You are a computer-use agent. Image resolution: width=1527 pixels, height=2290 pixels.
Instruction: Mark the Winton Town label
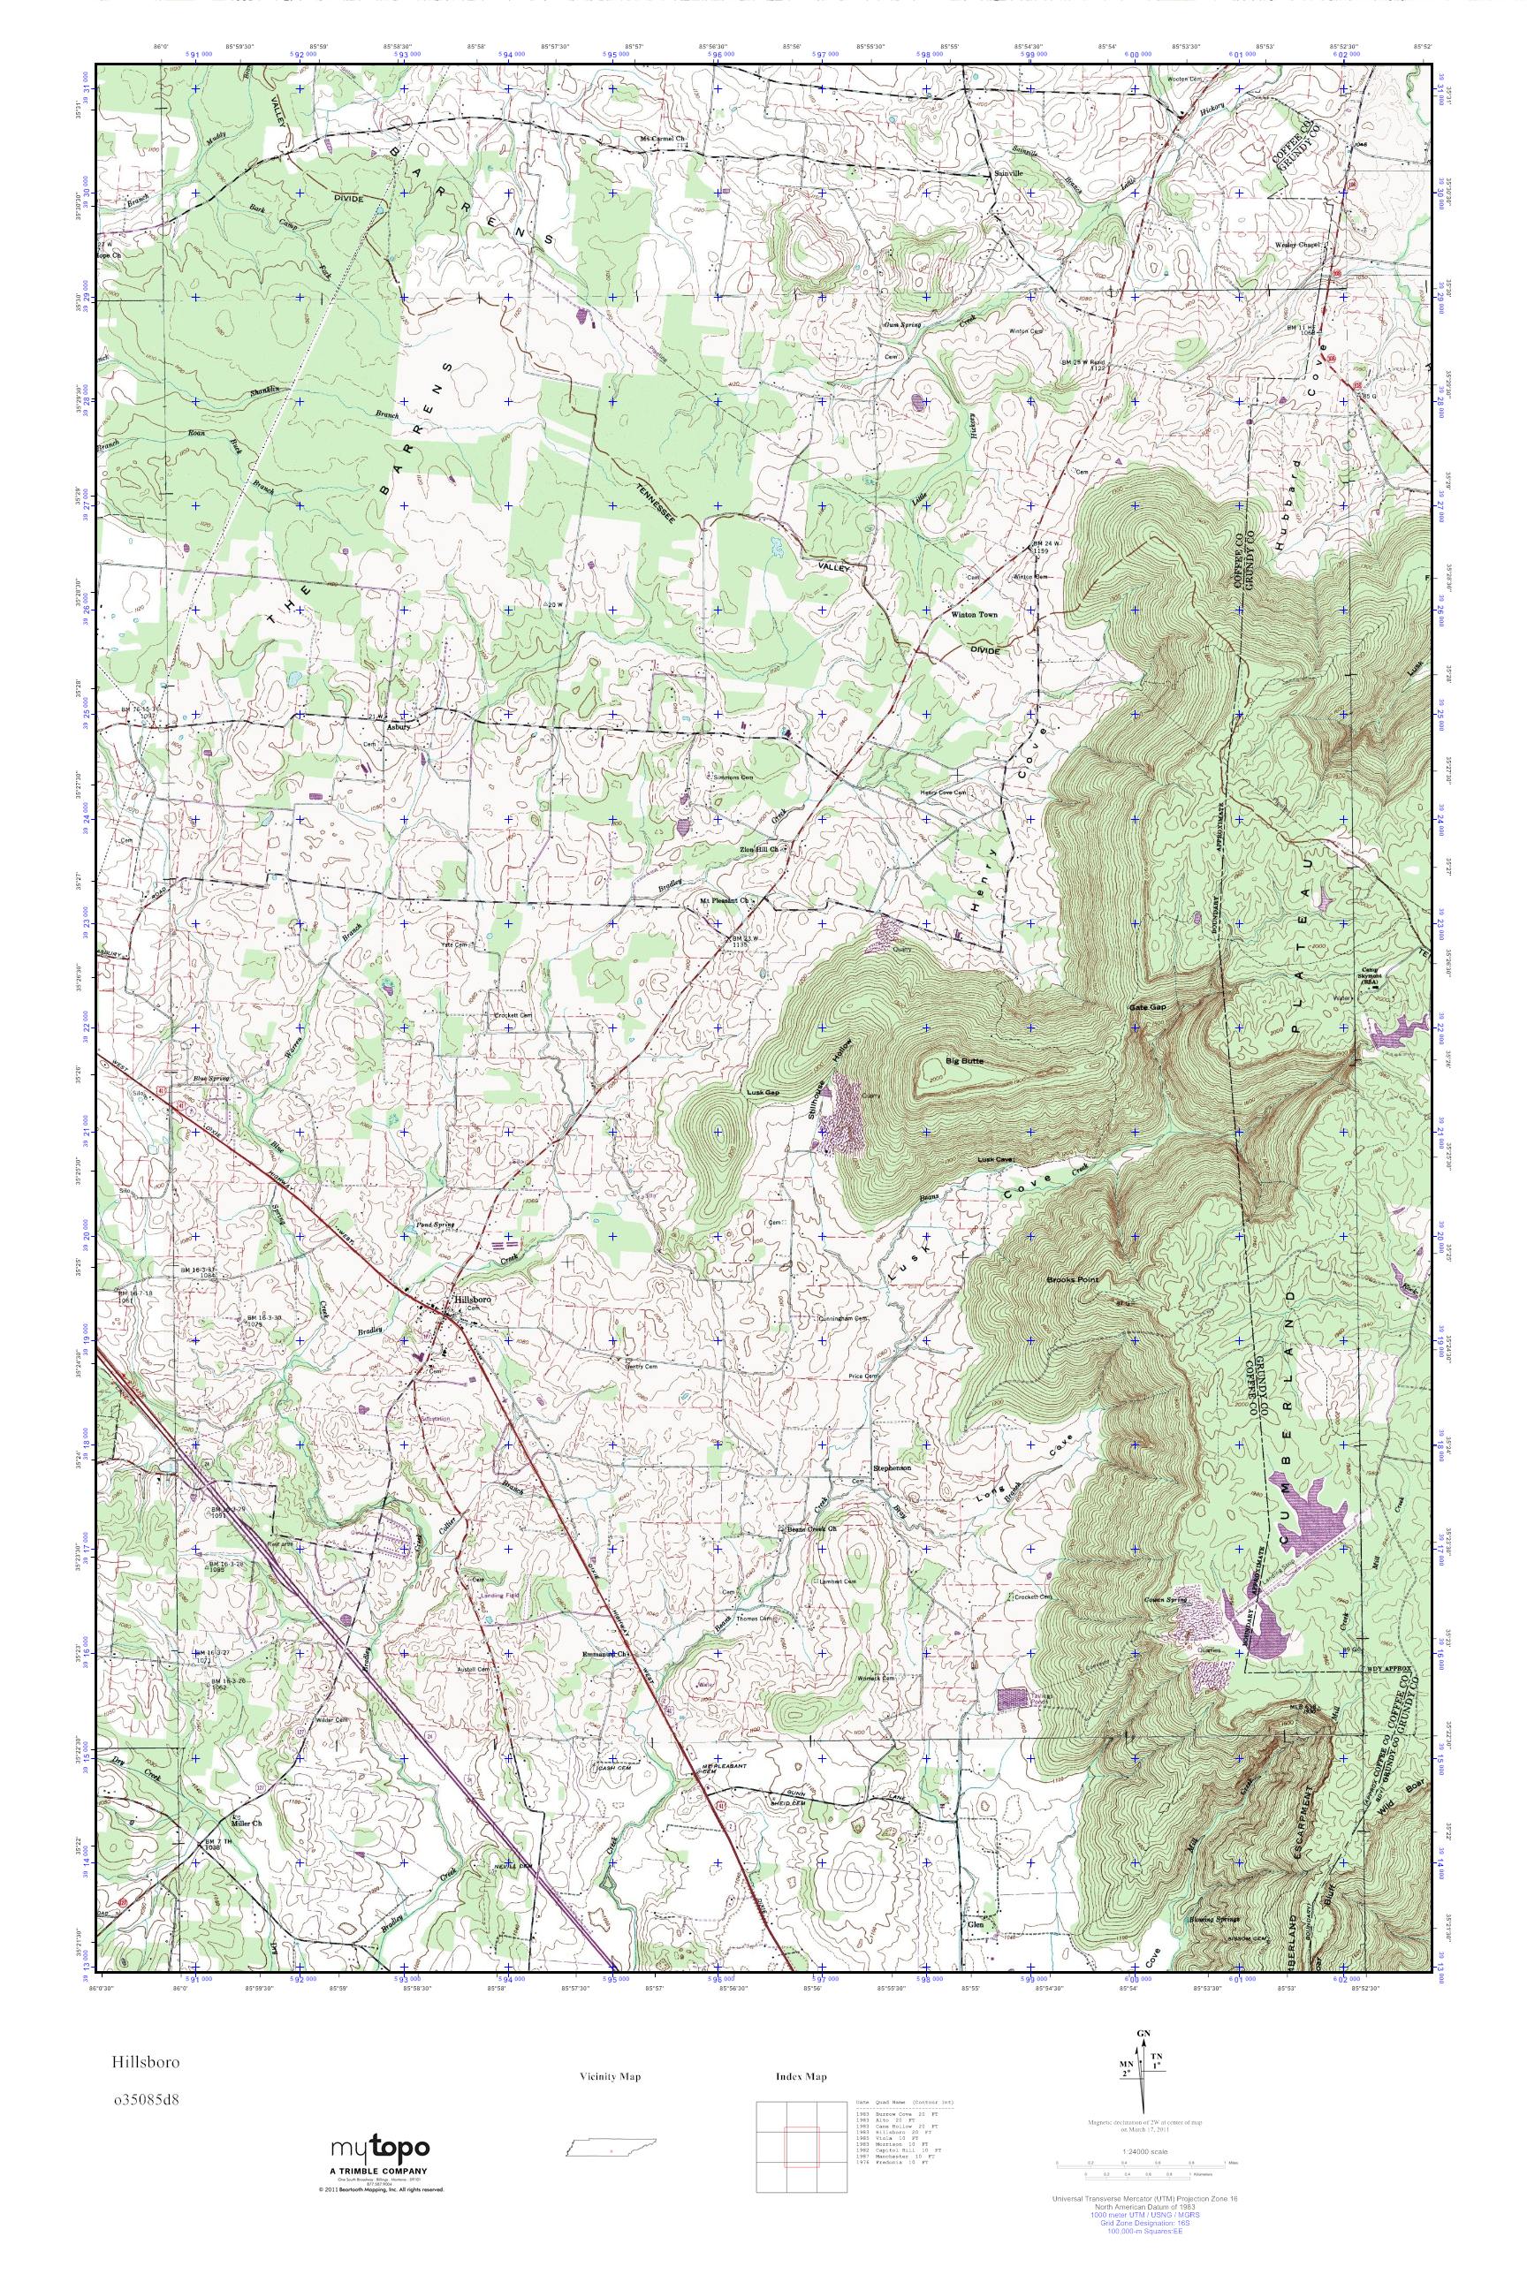coord(974,615)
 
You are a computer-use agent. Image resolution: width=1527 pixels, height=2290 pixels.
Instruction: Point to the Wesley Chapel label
coord(1297,245)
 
